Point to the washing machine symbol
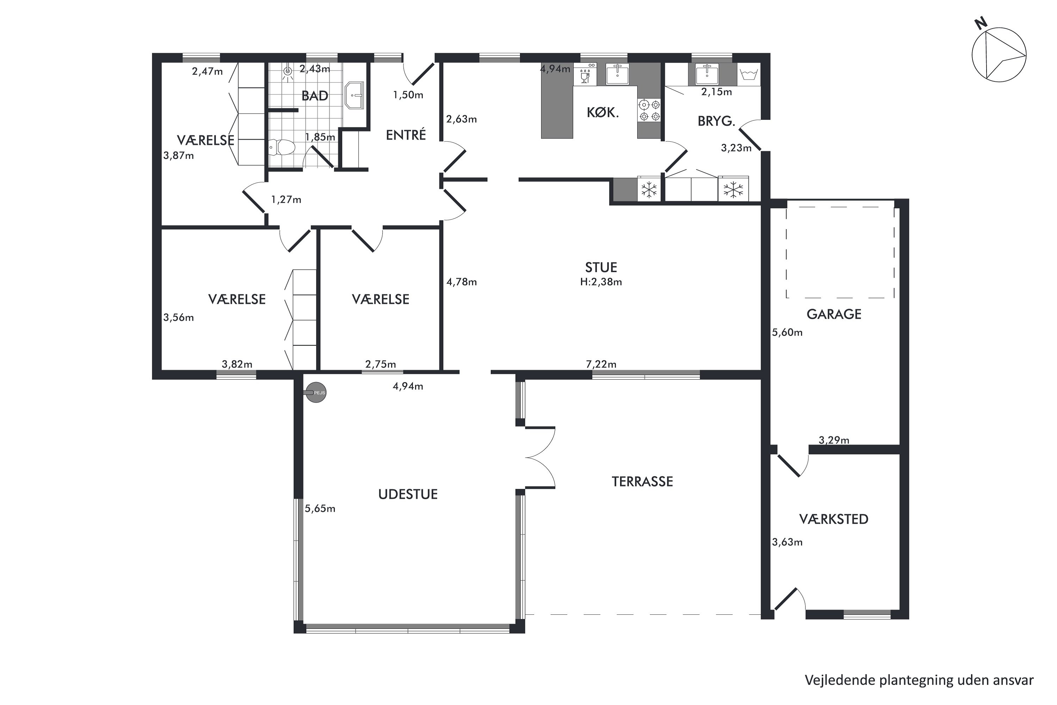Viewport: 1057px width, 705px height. [x=748, y=74]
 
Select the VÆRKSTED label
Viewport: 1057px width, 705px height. [x=834, y=519]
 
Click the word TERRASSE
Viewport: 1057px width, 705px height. [x=642, y=482]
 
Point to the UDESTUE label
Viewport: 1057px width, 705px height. [x=408, y=495]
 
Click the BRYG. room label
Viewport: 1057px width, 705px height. [x=716, y=121]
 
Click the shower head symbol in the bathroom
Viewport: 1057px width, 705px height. [x=288, y=72]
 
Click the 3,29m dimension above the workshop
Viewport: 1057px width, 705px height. [x=834, y=440]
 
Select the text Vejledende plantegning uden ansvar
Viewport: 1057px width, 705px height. [x=919, y=680]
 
